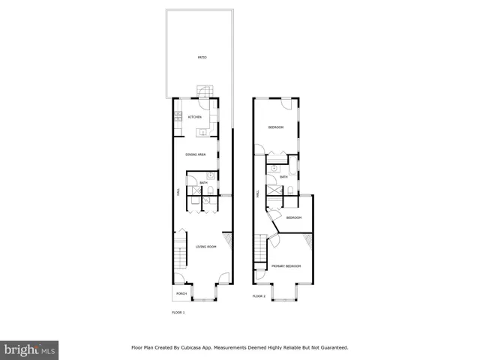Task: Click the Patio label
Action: click(202, 58)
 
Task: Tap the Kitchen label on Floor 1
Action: click(195, 118)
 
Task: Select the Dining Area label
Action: click(196, 154)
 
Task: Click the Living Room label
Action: click(206, 247)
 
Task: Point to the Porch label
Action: click(181, 293)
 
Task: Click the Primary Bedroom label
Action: click(286, 266)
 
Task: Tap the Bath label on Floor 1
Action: click(203, 183)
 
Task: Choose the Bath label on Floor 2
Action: click(283, 177)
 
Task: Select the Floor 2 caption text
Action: click(259, 296)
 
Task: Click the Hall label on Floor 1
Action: click(178, 193)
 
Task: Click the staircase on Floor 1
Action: click(180, 259)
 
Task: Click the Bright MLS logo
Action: click(29, 349)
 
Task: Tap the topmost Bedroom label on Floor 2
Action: click(276, 127)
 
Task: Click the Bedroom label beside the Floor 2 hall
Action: click(293, 217)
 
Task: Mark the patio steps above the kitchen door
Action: click(205, 92)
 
